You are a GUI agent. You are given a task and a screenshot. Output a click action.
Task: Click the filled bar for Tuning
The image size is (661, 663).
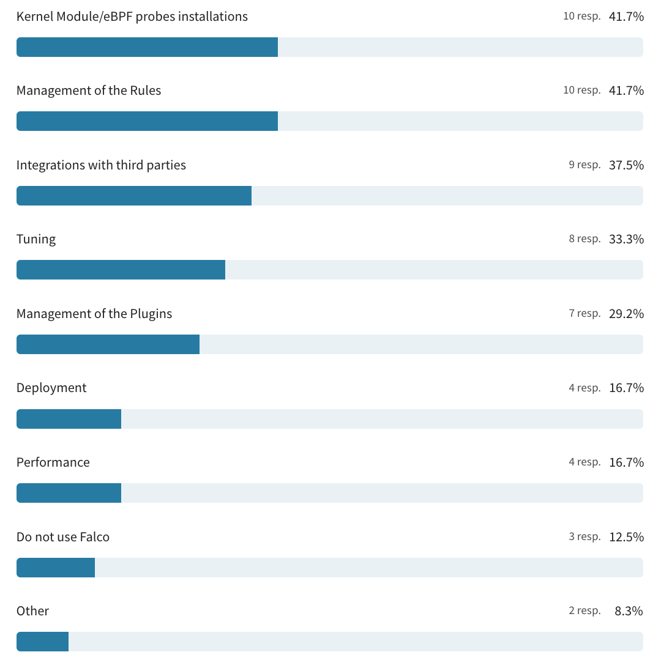click(x=121, y=270)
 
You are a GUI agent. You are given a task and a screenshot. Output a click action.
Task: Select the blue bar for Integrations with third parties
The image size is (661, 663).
click(x=134, y=196)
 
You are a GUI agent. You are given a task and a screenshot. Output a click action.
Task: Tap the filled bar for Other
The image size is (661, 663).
click(x=42, y=642)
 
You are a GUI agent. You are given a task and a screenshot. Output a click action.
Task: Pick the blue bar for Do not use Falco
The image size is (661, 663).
click(x=56, y=568)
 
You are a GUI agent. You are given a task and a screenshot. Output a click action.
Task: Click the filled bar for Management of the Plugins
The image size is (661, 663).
click(x=108, y=344)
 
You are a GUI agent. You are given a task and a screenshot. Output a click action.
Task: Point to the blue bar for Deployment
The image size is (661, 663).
click(x=69, y=419)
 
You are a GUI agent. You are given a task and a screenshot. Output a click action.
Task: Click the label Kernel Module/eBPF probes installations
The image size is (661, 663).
click(x=132, y=17)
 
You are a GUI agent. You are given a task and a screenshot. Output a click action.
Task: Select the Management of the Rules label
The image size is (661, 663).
click(x=89, y=91)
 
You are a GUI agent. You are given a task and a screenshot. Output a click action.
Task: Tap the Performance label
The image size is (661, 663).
click(x=53, y=462)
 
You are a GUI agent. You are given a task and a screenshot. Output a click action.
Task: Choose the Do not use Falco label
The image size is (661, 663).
click(x=63, y=537)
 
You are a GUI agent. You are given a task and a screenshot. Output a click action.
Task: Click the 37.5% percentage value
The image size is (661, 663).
click(x=626, y=165)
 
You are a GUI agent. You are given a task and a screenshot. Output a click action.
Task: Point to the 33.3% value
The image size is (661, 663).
click(x=626, y=239)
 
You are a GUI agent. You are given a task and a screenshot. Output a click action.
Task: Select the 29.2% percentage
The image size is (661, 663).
click(x=626, y=314)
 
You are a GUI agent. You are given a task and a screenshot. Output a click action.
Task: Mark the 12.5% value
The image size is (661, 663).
click(x=626, y=537)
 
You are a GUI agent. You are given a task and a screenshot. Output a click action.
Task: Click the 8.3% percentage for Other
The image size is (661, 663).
click(x=629, y=611)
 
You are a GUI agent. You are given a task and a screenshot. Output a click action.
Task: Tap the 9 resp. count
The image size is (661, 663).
click(x=584, y=165)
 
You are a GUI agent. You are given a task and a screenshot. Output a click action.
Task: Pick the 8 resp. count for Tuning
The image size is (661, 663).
click(x=584, y=239)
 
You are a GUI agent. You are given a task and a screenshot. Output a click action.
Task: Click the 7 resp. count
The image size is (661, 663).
click(x=584, y=314)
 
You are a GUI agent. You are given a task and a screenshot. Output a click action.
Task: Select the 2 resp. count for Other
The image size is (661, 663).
click(x=584, y=611)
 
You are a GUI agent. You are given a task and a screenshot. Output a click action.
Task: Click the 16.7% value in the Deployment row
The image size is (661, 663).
click(x=626, y=388)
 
